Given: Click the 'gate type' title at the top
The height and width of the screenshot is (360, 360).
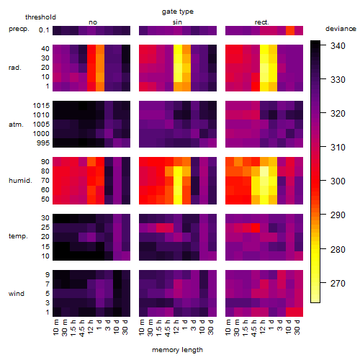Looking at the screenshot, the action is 178,12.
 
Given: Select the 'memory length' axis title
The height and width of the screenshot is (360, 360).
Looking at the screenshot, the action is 177,350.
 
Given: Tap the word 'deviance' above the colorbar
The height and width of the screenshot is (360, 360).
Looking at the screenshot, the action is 341,29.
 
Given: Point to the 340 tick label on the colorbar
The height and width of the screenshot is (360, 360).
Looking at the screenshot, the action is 338,45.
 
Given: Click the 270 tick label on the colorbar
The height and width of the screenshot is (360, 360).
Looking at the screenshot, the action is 338,284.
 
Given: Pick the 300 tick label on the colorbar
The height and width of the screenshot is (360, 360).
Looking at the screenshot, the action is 338,181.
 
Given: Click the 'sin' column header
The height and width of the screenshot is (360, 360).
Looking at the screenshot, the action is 177,22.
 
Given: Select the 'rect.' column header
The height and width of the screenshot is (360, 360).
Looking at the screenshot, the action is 262,22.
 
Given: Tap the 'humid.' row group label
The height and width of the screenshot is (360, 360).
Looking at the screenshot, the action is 20,181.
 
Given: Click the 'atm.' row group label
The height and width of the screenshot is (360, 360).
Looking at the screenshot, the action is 16,125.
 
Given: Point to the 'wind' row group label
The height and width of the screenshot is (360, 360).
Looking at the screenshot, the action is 17,294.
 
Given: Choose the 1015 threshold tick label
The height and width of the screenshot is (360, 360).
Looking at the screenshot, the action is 41,106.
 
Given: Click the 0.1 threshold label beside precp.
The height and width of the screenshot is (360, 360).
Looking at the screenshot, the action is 44,30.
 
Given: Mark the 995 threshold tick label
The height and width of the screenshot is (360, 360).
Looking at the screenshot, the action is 43,143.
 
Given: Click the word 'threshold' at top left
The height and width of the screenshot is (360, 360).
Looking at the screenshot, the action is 40,17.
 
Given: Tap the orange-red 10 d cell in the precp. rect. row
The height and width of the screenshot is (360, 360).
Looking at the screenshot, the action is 290,30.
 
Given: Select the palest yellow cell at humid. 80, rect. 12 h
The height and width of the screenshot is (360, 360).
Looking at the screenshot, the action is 264,171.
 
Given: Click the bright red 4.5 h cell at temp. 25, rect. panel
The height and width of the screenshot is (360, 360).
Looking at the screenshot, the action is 256,228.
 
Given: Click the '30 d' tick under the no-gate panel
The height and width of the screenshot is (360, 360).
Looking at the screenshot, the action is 125,327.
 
